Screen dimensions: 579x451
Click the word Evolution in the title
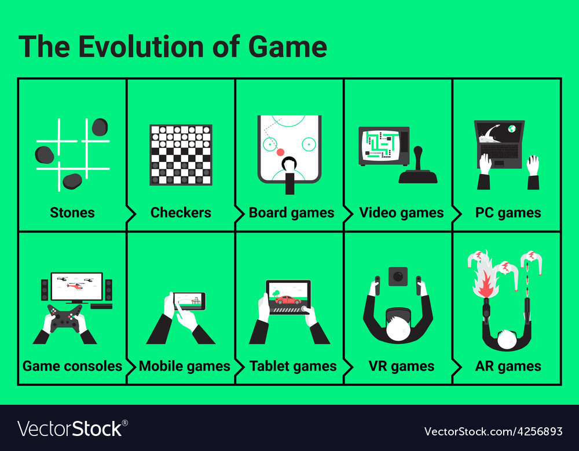click(x=141, y=46)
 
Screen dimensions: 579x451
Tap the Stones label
click(x=72, y=212)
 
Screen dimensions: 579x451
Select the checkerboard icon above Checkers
click(x=181, y=155)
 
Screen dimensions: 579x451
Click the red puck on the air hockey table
click(x=281, y=152)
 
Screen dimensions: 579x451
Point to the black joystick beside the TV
click(x=418, y=166)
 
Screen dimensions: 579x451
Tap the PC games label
click(x=508, y=213)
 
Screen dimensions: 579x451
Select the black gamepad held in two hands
click(x=65, y=319)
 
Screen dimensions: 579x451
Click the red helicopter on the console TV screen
click(x=76, y=286)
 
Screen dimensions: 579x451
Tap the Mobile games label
click(x=185, y=366)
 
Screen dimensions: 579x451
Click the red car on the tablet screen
click(x=288, y=300)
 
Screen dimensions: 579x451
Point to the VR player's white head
click(x=398, y=328)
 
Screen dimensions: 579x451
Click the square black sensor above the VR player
click(x=398, y=276)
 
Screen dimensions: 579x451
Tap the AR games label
click(x=508, y=366)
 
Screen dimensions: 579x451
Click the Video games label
click(x=401, y=213)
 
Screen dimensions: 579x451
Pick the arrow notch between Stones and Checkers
click(x=131, y=213)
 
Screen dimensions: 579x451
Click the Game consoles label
click(x=72, y=366)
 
